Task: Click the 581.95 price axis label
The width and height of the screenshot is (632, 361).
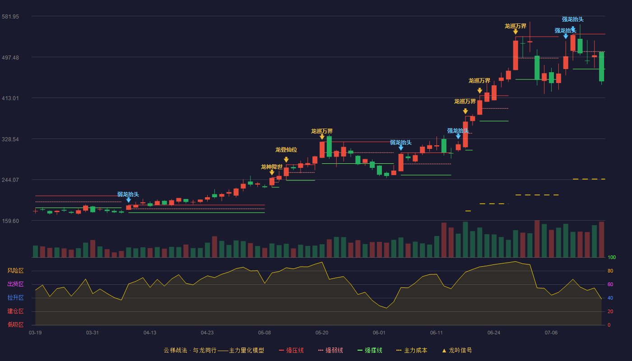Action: (x=10, y=17)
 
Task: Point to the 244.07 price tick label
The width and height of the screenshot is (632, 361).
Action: (x=10, y=180)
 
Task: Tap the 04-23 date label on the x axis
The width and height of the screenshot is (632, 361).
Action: (x=207, y=333)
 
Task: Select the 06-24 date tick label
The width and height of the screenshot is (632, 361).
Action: (x=494, y=333)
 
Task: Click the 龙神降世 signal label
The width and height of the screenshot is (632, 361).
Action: (x=272, y=167)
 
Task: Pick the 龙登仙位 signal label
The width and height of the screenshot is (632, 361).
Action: (x=286, y=150)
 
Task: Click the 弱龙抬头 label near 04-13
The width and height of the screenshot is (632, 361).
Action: (x=128, y=194)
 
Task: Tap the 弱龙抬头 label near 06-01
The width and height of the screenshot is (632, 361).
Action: (x=401, y=143)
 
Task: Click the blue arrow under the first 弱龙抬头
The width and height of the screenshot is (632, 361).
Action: (x=129, y=200)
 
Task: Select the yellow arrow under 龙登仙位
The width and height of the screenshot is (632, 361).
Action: (x=286, y=160)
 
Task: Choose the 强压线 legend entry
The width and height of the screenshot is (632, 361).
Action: (x=291, y=350)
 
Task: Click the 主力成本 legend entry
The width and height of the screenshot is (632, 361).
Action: (x=412, y=350)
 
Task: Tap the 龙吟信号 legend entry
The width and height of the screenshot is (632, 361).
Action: (x=457, y=350)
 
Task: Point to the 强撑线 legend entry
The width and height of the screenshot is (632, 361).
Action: (x=370, y=350)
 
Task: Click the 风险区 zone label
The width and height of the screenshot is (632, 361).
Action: (x=15, y=271)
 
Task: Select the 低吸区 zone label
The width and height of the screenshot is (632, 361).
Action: (x=15, y=325)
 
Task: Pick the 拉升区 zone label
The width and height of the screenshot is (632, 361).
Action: (x=15, y=298)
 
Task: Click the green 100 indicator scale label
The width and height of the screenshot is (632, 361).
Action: (x=612, y=257)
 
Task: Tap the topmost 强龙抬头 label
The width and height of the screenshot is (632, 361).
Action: (x=572, y=19)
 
